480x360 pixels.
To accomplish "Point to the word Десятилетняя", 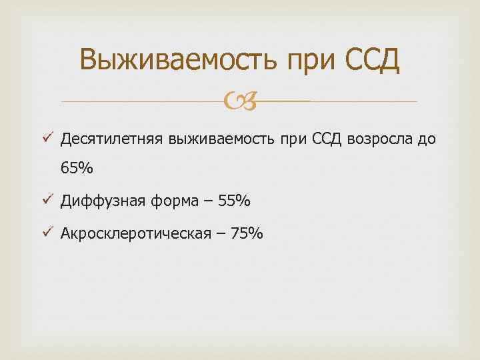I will tap(111, 139).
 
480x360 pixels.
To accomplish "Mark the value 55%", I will tap(233, 200).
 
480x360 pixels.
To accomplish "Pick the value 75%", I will tap(247, 233).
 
